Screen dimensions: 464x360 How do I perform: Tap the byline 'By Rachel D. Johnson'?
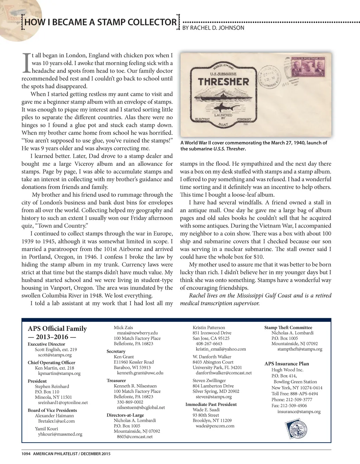point(213,28)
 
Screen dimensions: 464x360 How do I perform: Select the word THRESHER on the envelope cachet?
point(223,82)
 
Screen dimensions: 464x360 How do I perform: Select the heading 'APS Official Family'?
point(57,328)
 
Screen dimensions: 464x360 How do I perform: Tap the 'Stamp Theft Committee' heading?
point(288,327)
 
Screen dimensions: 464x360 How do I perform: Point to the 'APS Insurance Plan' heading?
point(287,364)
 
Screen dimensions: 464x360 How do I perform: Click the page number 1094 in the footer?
point(26,454)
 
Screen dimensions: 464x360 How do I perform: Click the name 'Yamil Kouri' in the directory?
point(46,429)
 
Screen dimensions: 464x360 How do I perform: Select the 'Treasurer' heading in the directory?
point(116,380)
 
